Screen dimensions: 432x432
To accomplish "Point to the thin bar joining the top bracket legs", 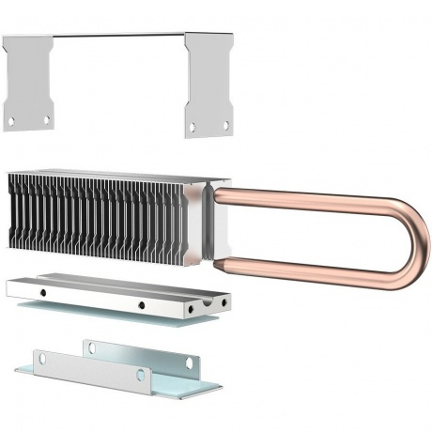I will tap(118, 37).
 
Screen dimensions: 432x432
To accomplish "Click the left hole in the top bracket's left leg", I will tap(11, 120).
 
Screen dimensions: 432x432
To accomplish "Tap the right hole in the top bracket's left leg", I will tap(46, 119).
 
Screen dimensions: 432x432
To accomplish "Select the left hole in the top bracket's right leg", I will tap(192, 127).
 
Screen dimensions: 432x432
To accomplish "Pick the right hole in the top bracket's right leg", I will tap(224, 124).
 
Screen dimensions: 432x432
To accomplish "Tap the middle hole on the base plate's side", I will tap(139, 305).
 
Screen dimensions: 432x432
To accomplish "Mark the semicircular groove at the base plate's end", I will tap(194, 306).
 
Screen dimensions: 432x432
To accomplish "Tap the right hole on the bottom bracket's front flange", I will tap(140, 375).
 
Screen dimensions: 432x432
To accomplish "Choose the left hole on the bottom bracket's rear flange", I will tap(91, 348).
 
